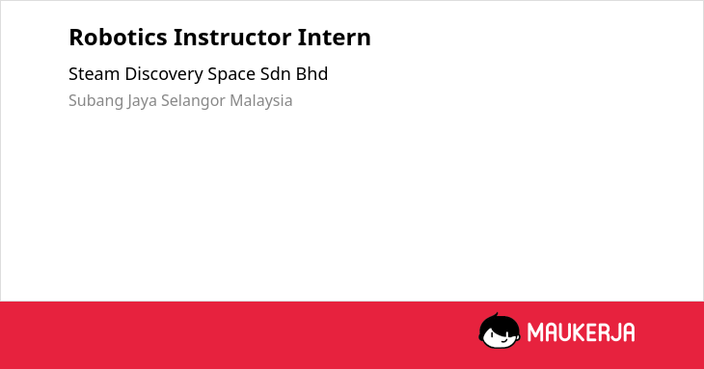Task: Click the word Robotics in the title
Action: [x=118, y=38]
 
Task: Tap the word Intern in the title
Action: [x=334, y=38]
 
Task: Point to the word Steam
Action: [x=95, y=74]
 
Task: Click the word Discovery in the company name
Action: [x=164, y=75]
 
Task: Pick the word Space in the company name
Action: [x=231, y=75]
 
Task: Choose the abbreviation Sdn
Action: [x=275, y=74]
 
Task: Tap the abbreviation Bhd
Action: [x=311, y=74]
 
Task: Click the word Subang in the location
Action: [x=95, y=101]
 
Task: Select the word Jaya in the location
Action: [x=142, y=101]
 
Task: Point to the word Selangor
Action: [x=193, y=101]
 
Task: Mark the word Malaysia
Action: [x=260, y=101]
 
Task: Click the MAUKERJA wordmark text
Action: [x=581, y=332]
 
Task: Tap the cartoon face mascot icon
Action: [x=500, y=331]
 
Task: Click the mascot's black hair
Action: [x=499, y=323]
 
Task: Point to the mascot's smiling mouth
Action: [x=503, y=340]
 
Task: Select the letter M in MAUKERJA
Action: [x=535, y=332]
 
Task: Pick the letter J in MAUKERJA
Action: [x=612, y=332]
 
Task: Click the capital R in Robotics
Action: [x=76, y=38]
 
